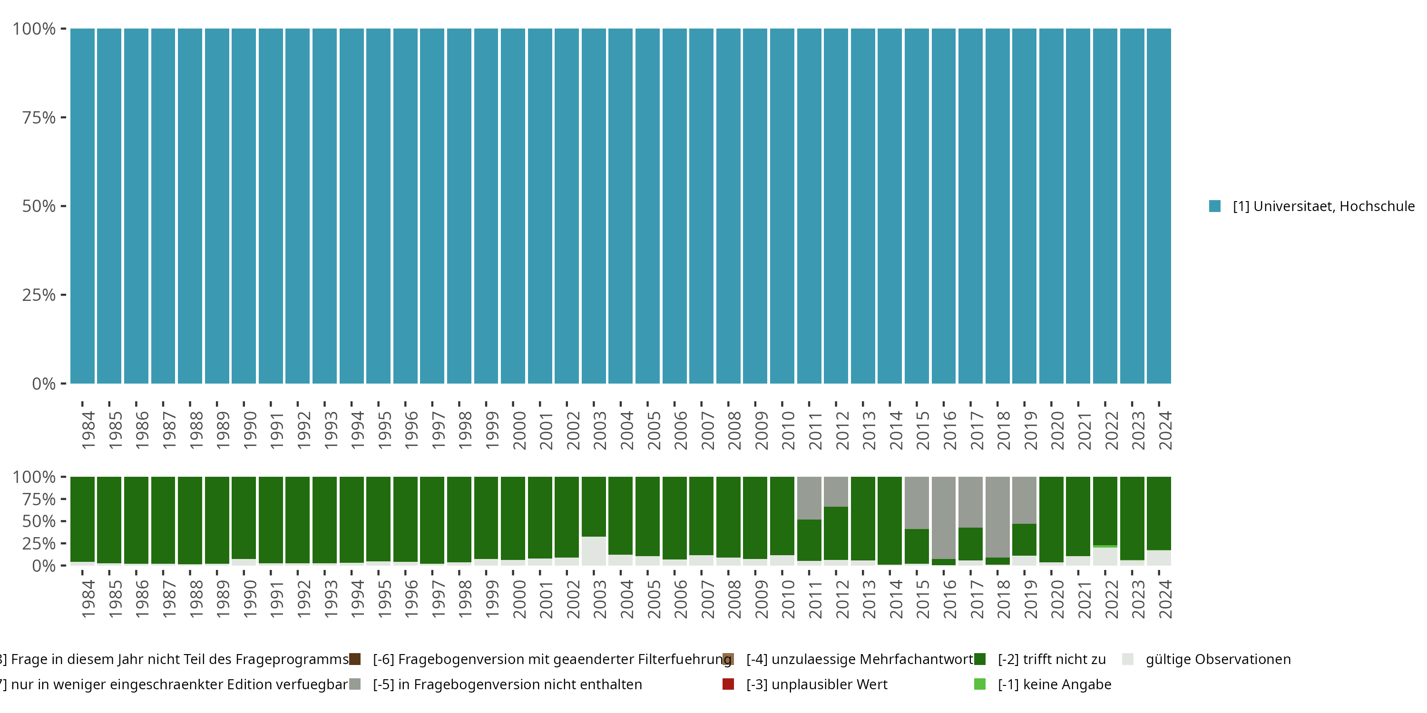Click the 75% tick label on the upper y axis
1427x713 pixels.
39,117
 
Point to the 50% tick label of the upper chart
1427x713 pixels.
39,206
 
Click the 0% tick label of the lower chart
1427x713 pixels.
44,566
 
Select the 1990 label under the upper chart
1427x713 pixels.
250,430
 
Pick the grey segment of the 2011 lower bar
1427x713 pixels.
809,498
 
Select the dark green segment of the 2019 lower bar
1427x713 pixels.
1024,540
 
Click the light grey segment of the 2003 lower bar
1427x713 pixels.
593,551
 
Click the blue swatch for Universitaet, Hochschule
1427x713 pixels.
1215,206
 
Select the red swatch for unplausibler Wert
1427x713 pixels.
728,684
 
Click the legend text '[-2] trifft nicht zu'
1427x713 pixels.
1051,659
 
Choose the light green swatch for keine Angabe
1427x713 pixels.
980,684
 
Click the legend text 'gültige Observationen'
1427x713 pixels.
1218,659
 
